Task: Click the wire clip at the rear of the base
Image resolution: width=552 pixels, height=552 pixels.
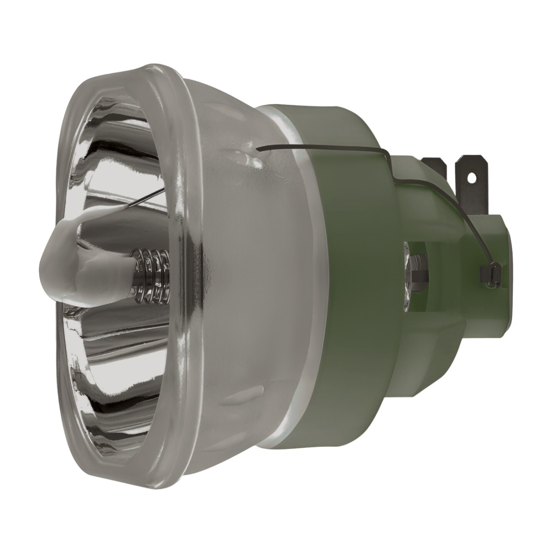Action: tap(489, 274)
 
